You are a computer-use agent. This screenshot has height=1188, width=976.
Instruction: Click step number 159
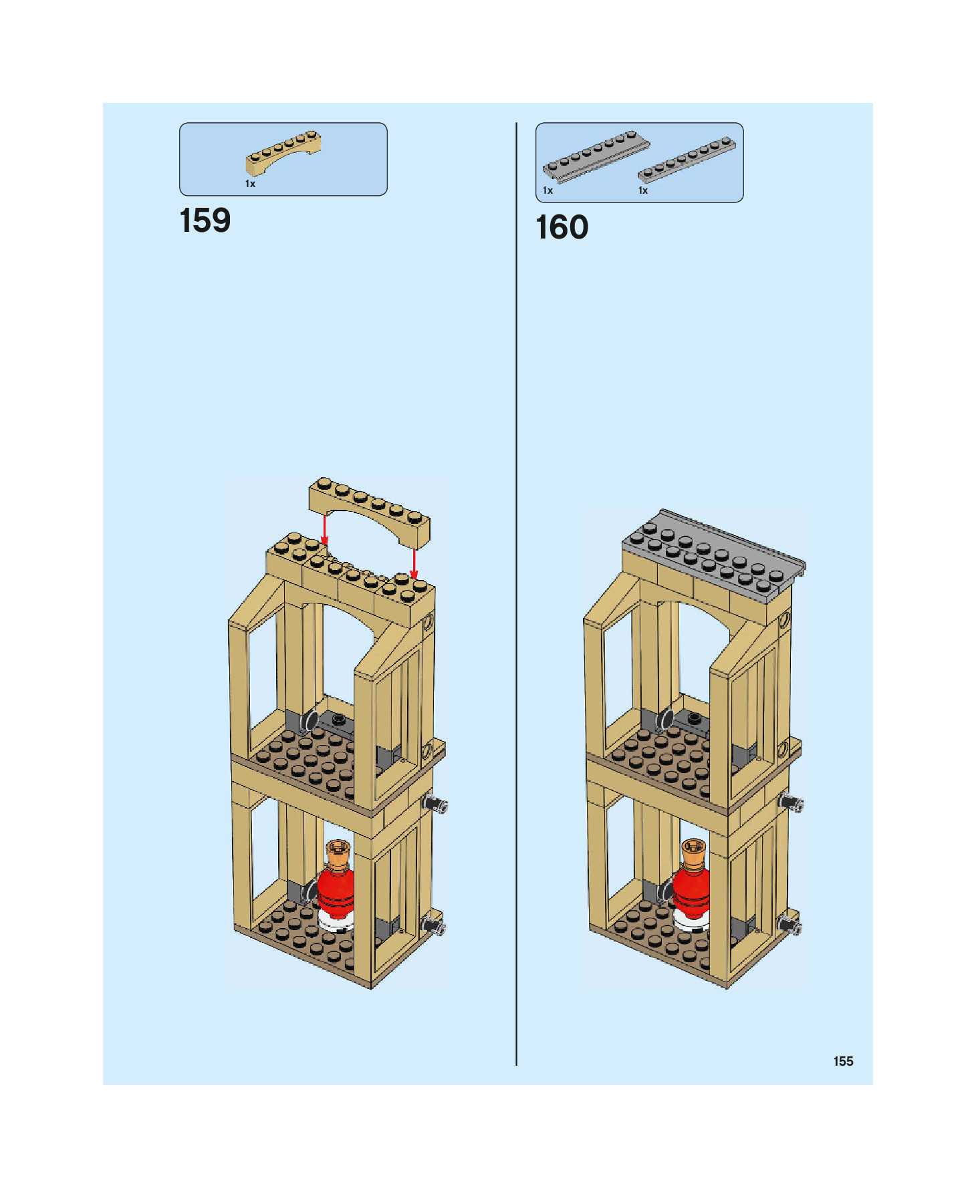[x=205, y=221]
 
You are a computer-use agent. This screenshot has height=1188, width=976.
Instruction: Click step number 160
[x=562, y=228]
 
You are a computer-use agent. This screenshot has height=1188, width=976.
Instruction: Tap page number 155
[x=843, y=1061]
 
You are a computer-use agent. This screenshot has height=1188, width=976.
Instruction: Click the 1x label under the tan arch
[x=250, y=184]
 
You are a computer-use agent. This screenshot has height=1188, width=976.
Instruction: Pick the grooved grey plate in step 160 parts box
[x=594, y=156]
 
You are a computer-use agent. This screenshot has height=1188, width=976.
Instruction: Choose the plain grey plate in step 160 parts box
[x=687, y=160]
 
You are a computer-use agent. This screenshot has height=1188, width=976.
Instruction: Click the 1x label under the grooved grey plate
[x=547, y=190]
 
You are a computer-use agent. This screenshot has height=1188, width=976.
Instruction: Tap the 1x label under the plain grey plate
[x=642, y=190]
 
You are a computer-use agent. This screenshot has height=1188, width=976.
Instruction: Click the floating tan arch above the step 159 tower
[x=370, y=510]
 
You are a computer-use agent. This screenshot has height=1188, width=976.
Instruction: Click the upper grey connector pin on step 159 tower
[x=435, y=804]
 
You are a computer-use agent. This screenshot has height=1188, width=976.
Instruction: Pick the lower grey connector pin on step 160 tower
[x=790, y=925]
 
